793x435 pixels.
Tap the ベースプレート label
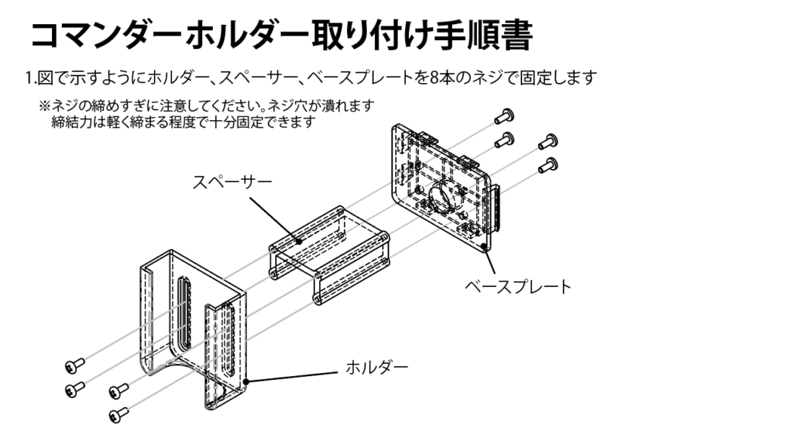[x=517, y=287]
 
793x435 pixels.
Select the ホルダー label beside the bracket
[x=376, y=366]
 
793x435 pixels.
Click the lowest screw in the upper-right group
[x=550, y=164]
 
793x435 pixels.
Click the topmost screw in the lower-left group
[x=74, y=364]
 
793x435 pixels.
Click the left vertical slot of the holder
[x=183, y=314]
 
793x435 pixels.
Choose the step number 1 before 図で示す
[x=28, y=78]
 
